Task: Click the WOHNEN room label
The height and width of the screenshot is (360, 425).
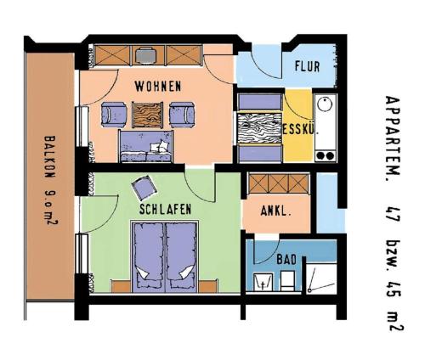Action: (158, 87)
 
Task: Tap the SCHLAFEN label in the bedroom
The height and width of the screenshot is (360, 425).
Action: (165, 210)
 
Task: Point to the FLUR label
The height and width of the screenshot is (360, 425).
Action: (307, 66)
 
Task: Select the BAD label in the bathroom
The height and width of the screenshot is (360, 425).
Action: (286, 260)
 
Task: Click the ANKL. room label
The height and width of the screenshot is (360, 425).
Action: (275, 211)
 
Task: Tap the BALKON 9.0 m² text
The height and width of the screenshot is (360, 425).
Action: (50, 181)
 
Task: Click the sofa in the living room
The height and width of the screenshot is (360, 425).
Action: (146, 146)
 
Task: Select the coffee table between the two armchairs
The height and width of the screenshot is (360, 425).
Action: (148, 115)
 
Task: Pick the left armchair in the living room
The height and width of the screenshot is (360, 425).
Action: (114, 115)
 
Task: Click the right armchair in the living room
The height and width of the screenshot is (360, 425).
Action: (182, 115)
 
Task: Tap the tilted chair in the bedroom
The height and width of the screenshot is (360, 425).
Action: (144, 188)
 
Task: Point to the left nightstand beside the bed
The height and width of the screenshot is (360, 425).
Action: (121, 286)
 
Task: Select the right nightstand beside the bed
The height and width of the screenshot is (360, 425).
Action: (208, 286)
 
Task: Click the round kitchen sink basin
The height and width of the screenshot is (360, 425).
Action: (325, 104)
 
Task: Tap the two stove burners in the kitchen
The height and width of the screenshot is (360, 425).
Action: (325, 155)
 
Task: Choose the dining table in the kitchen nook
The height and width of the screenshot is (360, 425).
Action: (259, 128)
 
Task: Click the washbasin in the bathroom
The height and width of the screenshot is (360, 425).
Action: (263, 282)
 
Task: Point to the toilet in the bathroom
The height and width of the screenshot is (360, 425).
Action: (288, 281)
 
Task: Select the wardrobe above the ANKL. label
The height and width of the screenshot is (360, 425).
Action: (279, 184)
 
